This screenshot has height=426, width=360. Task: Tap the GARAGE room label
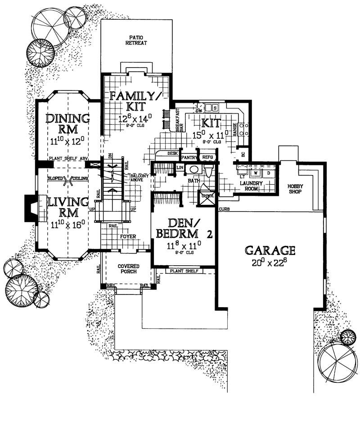(x=270, y=250)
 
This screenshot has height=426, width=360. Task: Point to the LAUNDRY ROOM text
(x=252, y=186)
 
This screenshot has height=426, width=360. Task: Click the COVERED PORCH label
(x=128, y=269)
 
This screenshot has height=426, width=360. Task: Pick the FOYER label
(x=128, y=235)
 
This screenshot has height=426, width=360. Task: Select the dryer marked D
(x=268, y=172)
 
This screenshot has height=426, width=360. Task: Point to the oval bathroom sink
(x=194, y=169)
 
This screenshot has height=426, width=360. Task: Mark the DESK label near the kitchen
(x=172, y=154)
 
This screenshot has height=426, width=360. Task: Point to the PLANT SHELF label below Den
(x=184, y=271)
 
